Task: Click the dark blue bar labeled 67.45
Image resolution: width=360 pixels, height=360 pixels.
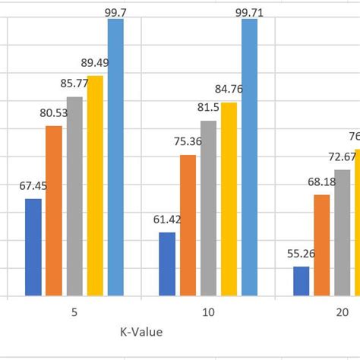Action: (33, 247)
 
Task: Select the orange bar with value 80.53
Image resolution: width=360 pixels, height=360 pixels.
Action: (54, 210)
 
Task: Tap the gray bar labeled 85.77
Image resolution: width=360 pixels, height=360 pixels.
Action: (74, 196)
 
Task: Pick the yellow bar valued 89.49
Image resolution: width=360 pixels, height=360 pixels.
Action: (95, 185)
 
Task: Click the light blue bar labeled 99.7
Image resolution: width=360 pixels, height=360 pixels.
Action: (115, 157)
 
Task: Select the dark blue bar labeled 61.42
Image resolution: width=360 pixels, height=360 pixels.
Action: (167, 264)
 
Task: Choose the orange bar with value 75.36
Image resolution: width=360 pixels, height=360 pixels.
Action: (188, 225)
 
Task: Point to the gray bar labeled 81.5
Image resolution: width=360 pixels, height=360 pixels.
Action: (208, 208)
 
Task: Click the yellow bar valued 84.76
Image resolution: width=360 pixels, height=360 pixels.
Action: (229, 199)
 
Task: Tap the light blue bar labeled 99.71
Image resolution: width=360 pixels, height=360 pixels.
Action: (250, 157)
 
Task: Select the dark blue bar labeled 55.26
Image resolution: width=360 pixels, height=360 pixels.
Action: (302, 281)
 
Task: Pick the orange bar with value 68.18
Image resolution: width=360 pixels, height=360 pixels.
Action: (322, 245)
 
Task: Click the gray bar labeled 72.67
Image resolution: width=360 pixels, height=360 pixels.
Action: (343, 232)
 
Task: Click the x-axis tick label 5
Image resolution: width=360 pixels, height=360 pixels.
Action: (74, 312)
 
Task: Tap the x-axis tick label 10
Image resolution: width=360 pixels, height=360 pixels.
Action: (208, 312)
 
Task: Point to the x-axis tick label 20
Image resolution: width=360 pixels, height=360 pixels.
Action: (343, 312)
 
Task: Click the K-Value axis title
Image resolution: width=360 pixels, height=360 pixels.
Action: (141, 332)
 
